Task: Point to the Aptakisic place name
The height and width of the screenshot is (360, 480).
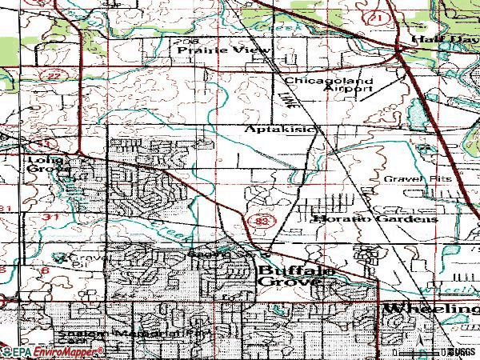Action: pyautogui.click(x=282, y=129)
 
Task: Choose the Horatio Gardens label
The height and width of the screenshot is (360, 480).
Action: pyautogui.click(x=375, y=218)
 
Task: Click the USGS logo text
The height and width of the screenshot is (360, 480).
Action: pyautogui.click(x=462, y=351)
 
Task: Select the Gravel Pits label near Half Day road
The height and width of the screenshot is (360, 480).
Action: pyautogui.click(x=417, y=178)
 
